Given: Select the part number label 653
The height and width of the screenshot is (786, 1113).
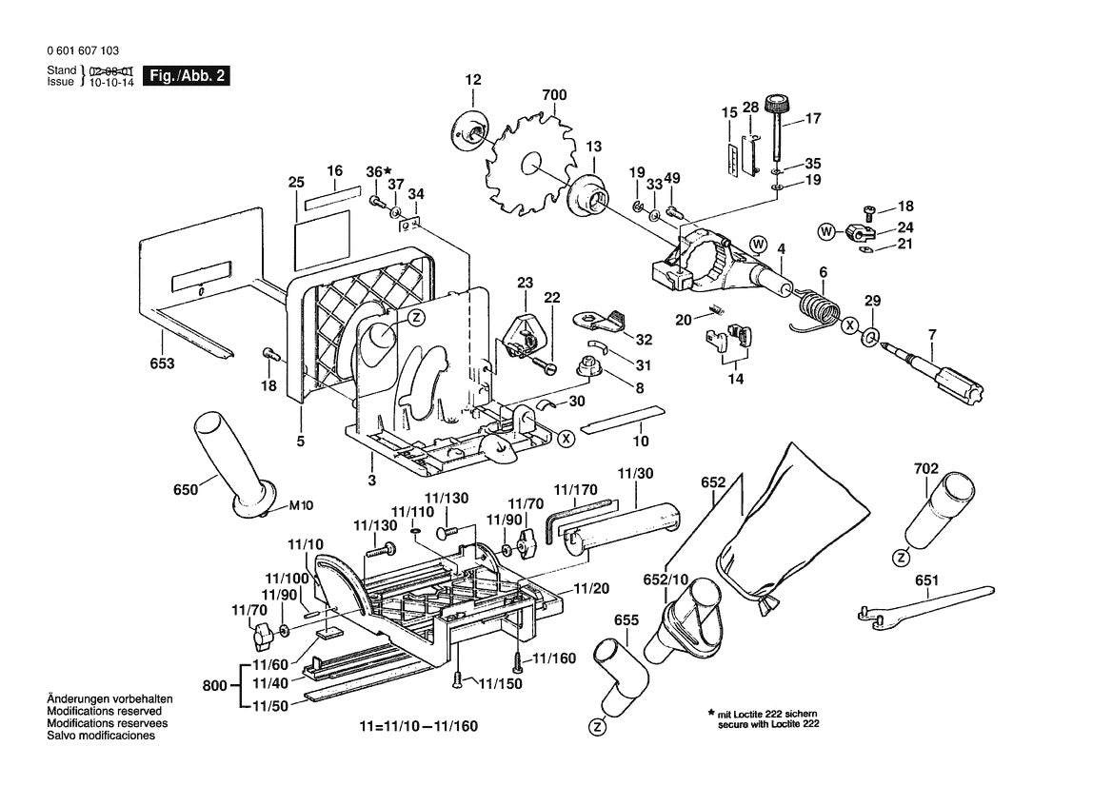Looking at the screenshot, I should tap(162, 364).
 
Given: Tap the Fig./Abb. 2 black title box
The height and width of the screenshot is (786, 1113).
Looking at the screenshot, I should tap(185, 76).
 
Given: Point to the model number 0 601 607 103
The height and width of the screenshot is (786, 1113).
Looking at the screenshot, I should tap(82, 51).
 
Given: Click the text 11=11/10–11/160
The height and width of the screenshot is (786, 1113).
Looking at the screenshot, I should tap(418, 727).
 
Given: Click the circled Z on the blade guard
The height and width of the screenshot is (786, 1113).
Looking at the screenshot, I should tap(416, 318).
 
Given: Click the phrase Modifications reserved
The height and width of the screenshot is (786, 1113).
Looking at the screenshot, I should tap(104, 711).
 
